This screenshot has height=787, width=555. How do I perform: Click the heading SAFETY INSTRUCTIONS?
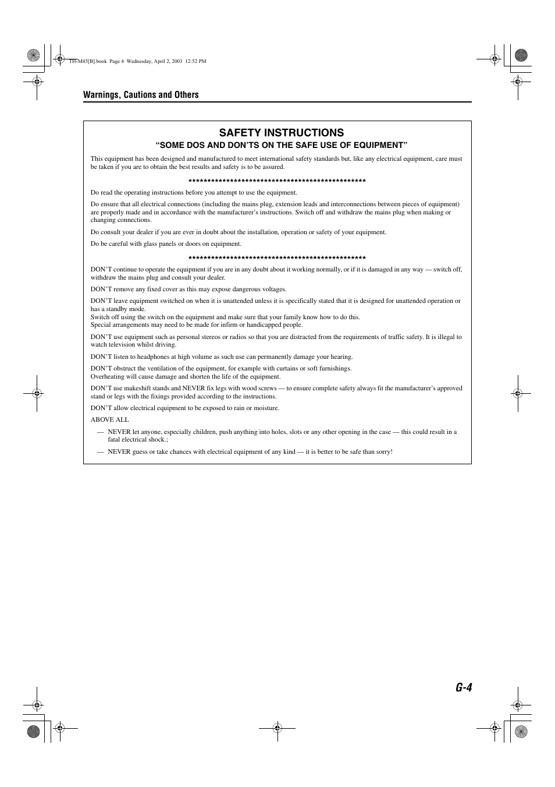coord(281,133)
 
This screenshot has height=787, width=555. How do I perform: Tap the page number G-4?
coord(464,688)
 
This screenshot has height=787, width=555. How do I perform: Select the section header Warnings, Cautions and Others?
coord(141,95)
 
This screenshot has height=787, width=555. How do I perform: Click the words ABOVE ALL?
coord(109,419)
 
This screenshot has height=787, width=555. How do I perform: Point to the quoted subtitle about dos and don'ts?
coord(281,145)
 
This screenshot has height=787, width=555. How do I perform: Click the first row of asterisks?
coord(277,181)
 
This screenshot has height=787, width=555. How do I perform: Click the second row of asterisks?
coord(277,258)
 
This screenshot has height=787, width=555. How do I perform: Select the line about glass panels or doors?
coord(166,244)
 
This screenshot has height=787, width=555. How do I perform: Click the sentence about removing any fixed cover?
coord(188,290)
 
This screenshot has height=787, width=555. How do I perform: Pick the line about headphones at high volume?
coord(222,357)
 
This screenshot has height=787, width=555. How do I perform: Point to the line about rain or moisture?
coord(185,408)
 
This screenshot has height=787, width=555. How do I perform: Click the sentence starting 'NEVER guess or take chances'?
coord(250,451)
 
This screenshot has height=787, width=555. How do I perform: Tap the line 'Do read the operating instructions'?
coord(194,193)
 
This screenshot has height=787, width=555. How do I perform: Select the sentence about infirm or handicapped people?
coord(197,325)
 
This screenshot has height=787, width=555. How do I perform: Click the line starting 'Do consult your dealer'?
coord(239,232)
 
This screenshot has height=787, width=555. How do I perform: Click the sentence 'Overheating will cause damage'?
coord(186,376)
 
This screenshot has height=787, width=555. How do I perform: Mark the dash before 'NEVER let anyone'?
coord(101,432)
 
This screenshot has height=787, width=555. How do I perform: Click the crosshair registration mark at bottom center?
coord(277,728)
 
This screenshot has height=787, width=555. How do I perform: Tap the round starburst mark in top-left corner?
coord(34,55)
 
